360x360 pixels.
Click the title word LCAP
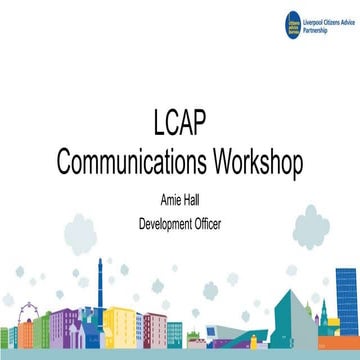180,131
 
